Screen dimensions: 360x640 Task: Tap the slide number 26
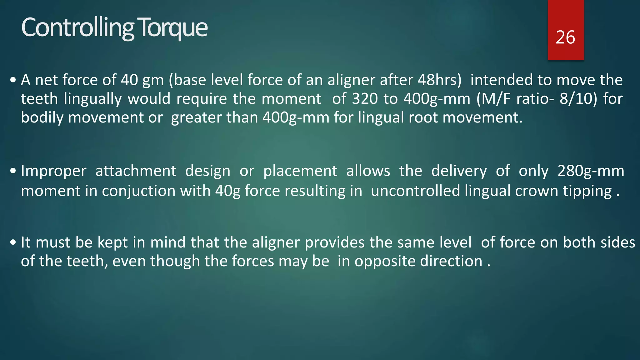click(565, 37)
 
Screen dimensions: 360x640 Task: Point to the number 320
click(365, 99)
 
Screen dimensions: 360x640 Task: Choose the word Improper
click(53, 171)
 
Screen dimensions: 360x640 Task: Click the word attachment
click(136, 171)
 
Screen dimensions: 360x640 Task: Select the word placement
click(300, 171)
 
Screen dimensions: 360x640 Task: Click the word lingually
click(93, 99)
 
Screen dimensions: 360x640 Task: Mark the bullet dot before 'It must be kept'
click(13, 242)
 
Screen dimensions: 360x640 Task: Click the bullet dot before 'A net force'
click(13, 80)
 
